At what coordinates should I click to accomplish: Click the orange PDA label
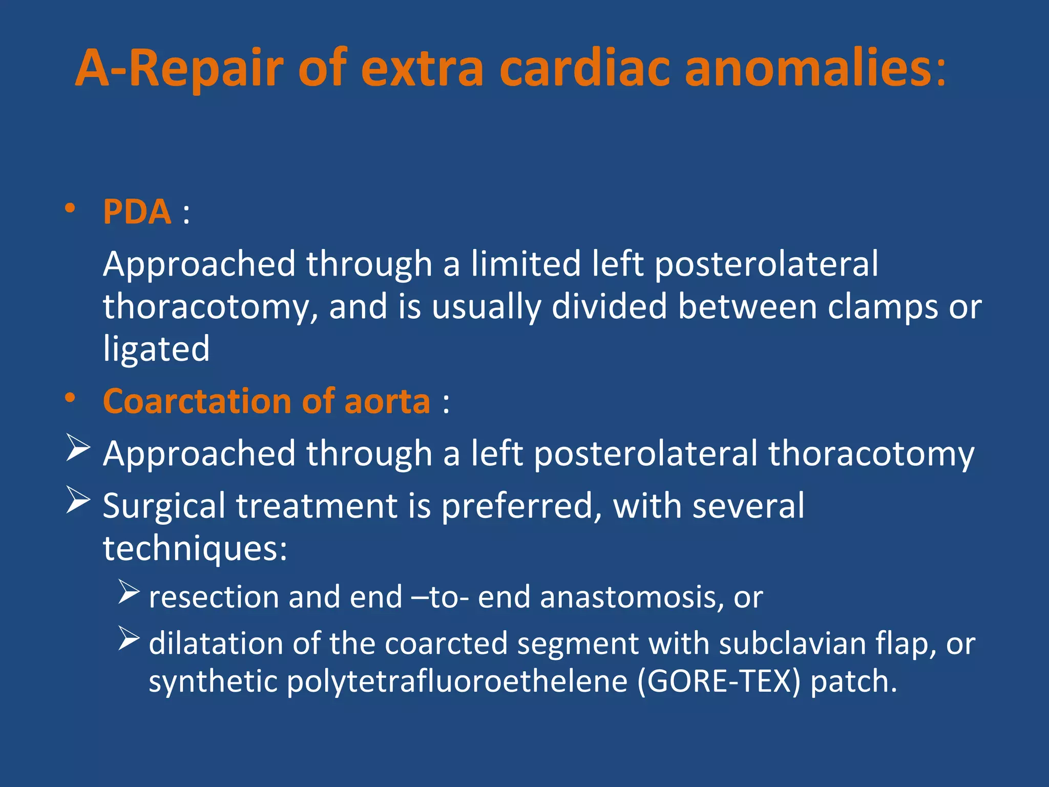(x=137, y=212)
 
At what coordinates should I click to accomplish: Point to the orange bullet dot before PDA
(x=70, y=209)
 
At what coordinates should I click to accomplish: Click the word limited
(x=526, y=264)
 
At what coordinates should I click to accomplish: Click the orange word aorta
(x=387, y=401)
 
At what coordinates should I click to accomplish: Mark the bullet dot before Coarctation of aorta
(x=70, y=398)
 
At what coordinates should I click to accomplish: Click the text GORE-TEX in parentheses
(x=719, y=682)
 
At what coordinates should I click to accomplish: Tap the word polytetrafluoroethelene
(x=457, y=682)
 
